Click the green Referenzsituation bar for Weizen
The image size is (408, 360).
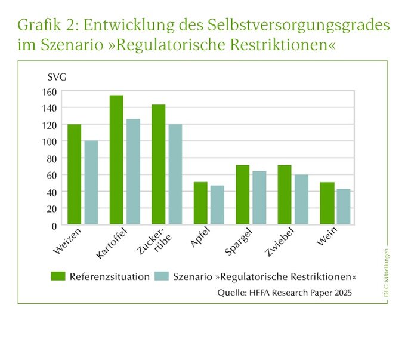pyautogui.click(x=75, y=174)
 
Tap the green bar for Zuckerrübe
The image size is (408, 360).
pyautogui.click(x=158, y=165)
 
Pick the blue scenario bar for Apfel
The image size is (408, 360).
pyautogui.click(x=217, y=205)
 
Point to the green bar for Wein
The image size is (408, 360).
pyautogui.click(x=326, y=204)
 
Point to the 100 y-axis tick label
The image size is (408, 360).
pyautogui.click(x=50, y=141)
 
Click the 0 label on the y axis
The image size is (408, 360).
pyautogui.click(x=54, y=226)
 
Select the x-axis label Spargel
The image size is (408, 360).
pyautogui.click(x=237, y=242)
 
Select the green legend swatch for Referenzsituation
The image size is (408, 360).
pyautogui.click(x=58, y=276)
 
